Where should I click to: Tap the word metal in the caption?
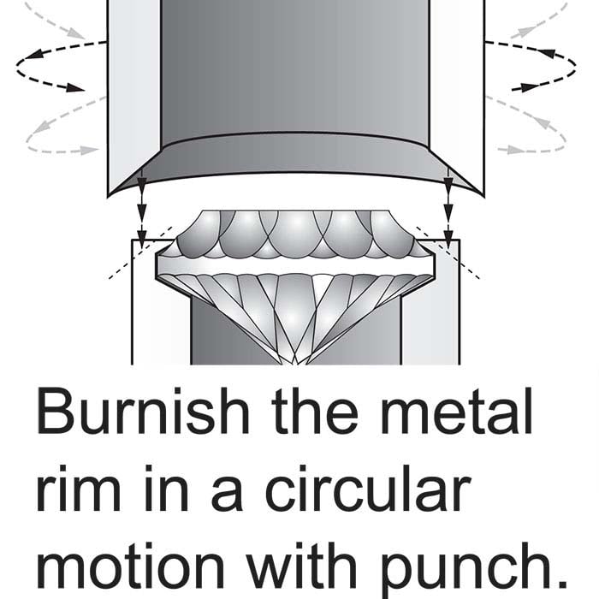(x=456, y=411)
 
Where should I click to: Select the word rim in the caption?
(x=79, y=488)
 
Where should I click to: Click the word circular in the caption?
(x=367, y=488)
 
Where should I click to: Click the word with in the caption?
(x=302, y=565)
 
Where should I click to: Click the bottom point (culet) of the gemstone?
(x=294, y=363)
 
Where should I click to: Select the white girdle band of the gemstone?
(x=295, y=264)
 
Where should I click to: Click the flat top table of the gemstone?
(x=295, y=211)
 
